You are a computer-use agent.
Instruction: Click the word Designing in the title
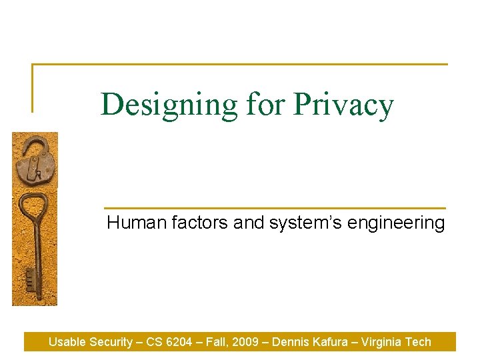(169, 105)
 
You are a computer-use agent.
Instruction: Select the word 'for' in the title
(267, 105)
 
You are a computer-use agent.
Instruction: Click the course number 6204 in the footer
(182, 342)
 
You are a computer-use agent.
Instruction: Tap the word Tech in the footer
(419, 342)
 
